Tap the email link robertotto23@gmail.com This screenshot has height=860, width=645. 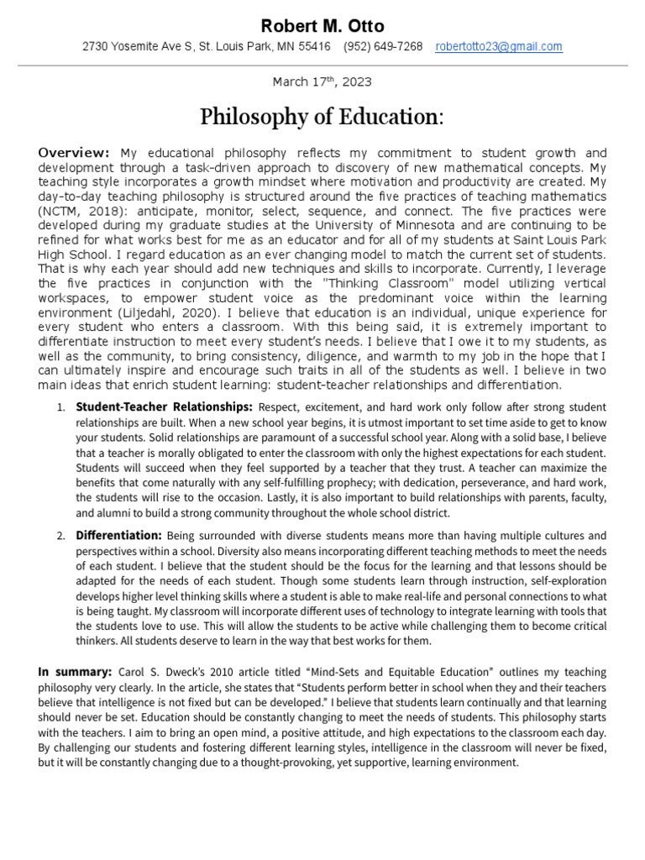(499, 47)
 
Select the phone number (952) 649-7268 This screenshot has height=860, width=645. (383, 47)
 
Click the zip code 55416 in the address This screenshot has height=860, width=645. (312, 47)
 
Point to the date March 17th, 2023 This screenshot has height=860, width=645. (322, 82)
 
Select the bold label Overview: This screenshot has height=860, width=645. (74, 153)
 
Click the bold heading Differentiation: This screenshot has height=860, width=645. (118, 535)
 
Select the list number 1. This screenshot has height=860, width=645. (60, 407)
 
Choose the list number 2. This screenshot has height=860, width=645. (60, 536)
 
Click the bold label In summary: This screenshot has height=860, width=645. (75, 672)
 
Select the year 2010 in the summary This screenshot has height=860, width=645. (217, 672)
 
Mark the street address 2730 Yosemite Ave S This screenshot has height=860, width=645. (136, 47)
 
